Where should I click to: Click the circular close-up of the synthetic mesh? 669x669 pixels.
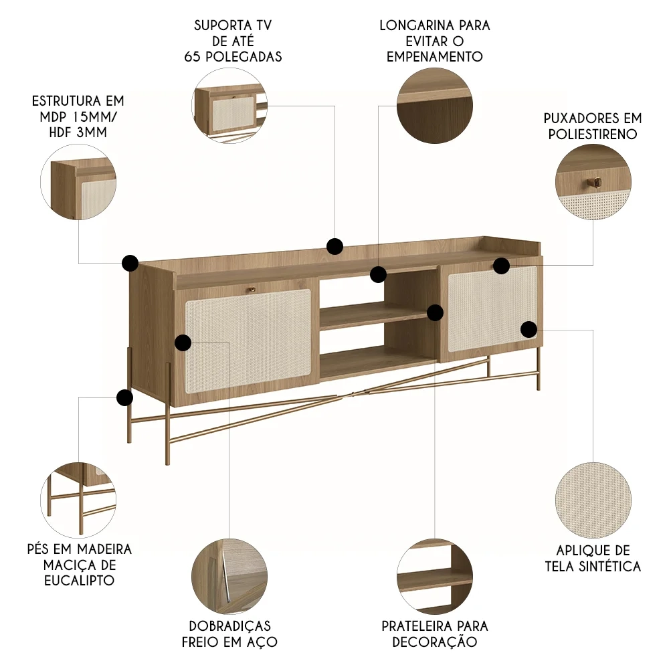pos(593,500)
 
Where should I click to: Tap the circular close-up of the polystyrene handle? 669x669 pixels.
pos(593,182)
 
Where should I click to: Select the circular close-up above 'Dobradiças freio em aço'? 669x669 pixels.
pos(229,577)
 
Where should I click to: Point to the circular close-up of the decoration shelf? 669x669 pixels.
pos(435,577)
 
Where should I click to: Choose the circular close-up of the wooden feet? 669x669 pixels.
pos(78,499)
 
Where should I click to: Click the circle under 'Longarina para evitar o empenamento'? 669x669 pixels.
pos(435,106)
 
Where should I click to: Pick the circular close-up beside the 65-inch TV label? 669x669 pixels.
pos(229,106)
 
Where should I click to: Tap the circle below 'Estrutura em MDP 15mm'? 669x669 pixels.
pos(78,182)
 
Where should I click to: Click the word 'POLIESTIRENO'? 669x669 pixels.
pos(592,134)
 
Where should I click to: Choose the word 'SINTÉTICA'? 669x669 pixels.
pos(610,567)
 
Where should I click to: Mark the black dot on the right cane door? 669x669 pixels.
pos(529,328)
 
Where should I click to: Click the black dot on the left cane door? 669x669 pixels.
pos(183,343)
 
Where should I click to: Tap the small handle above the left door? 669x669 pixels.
pos(252,289)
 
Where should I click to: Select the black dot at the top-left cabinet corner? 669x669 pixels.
pos(130,262)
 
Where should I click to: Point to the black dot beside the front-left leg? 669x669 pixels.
pos(124,398)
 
